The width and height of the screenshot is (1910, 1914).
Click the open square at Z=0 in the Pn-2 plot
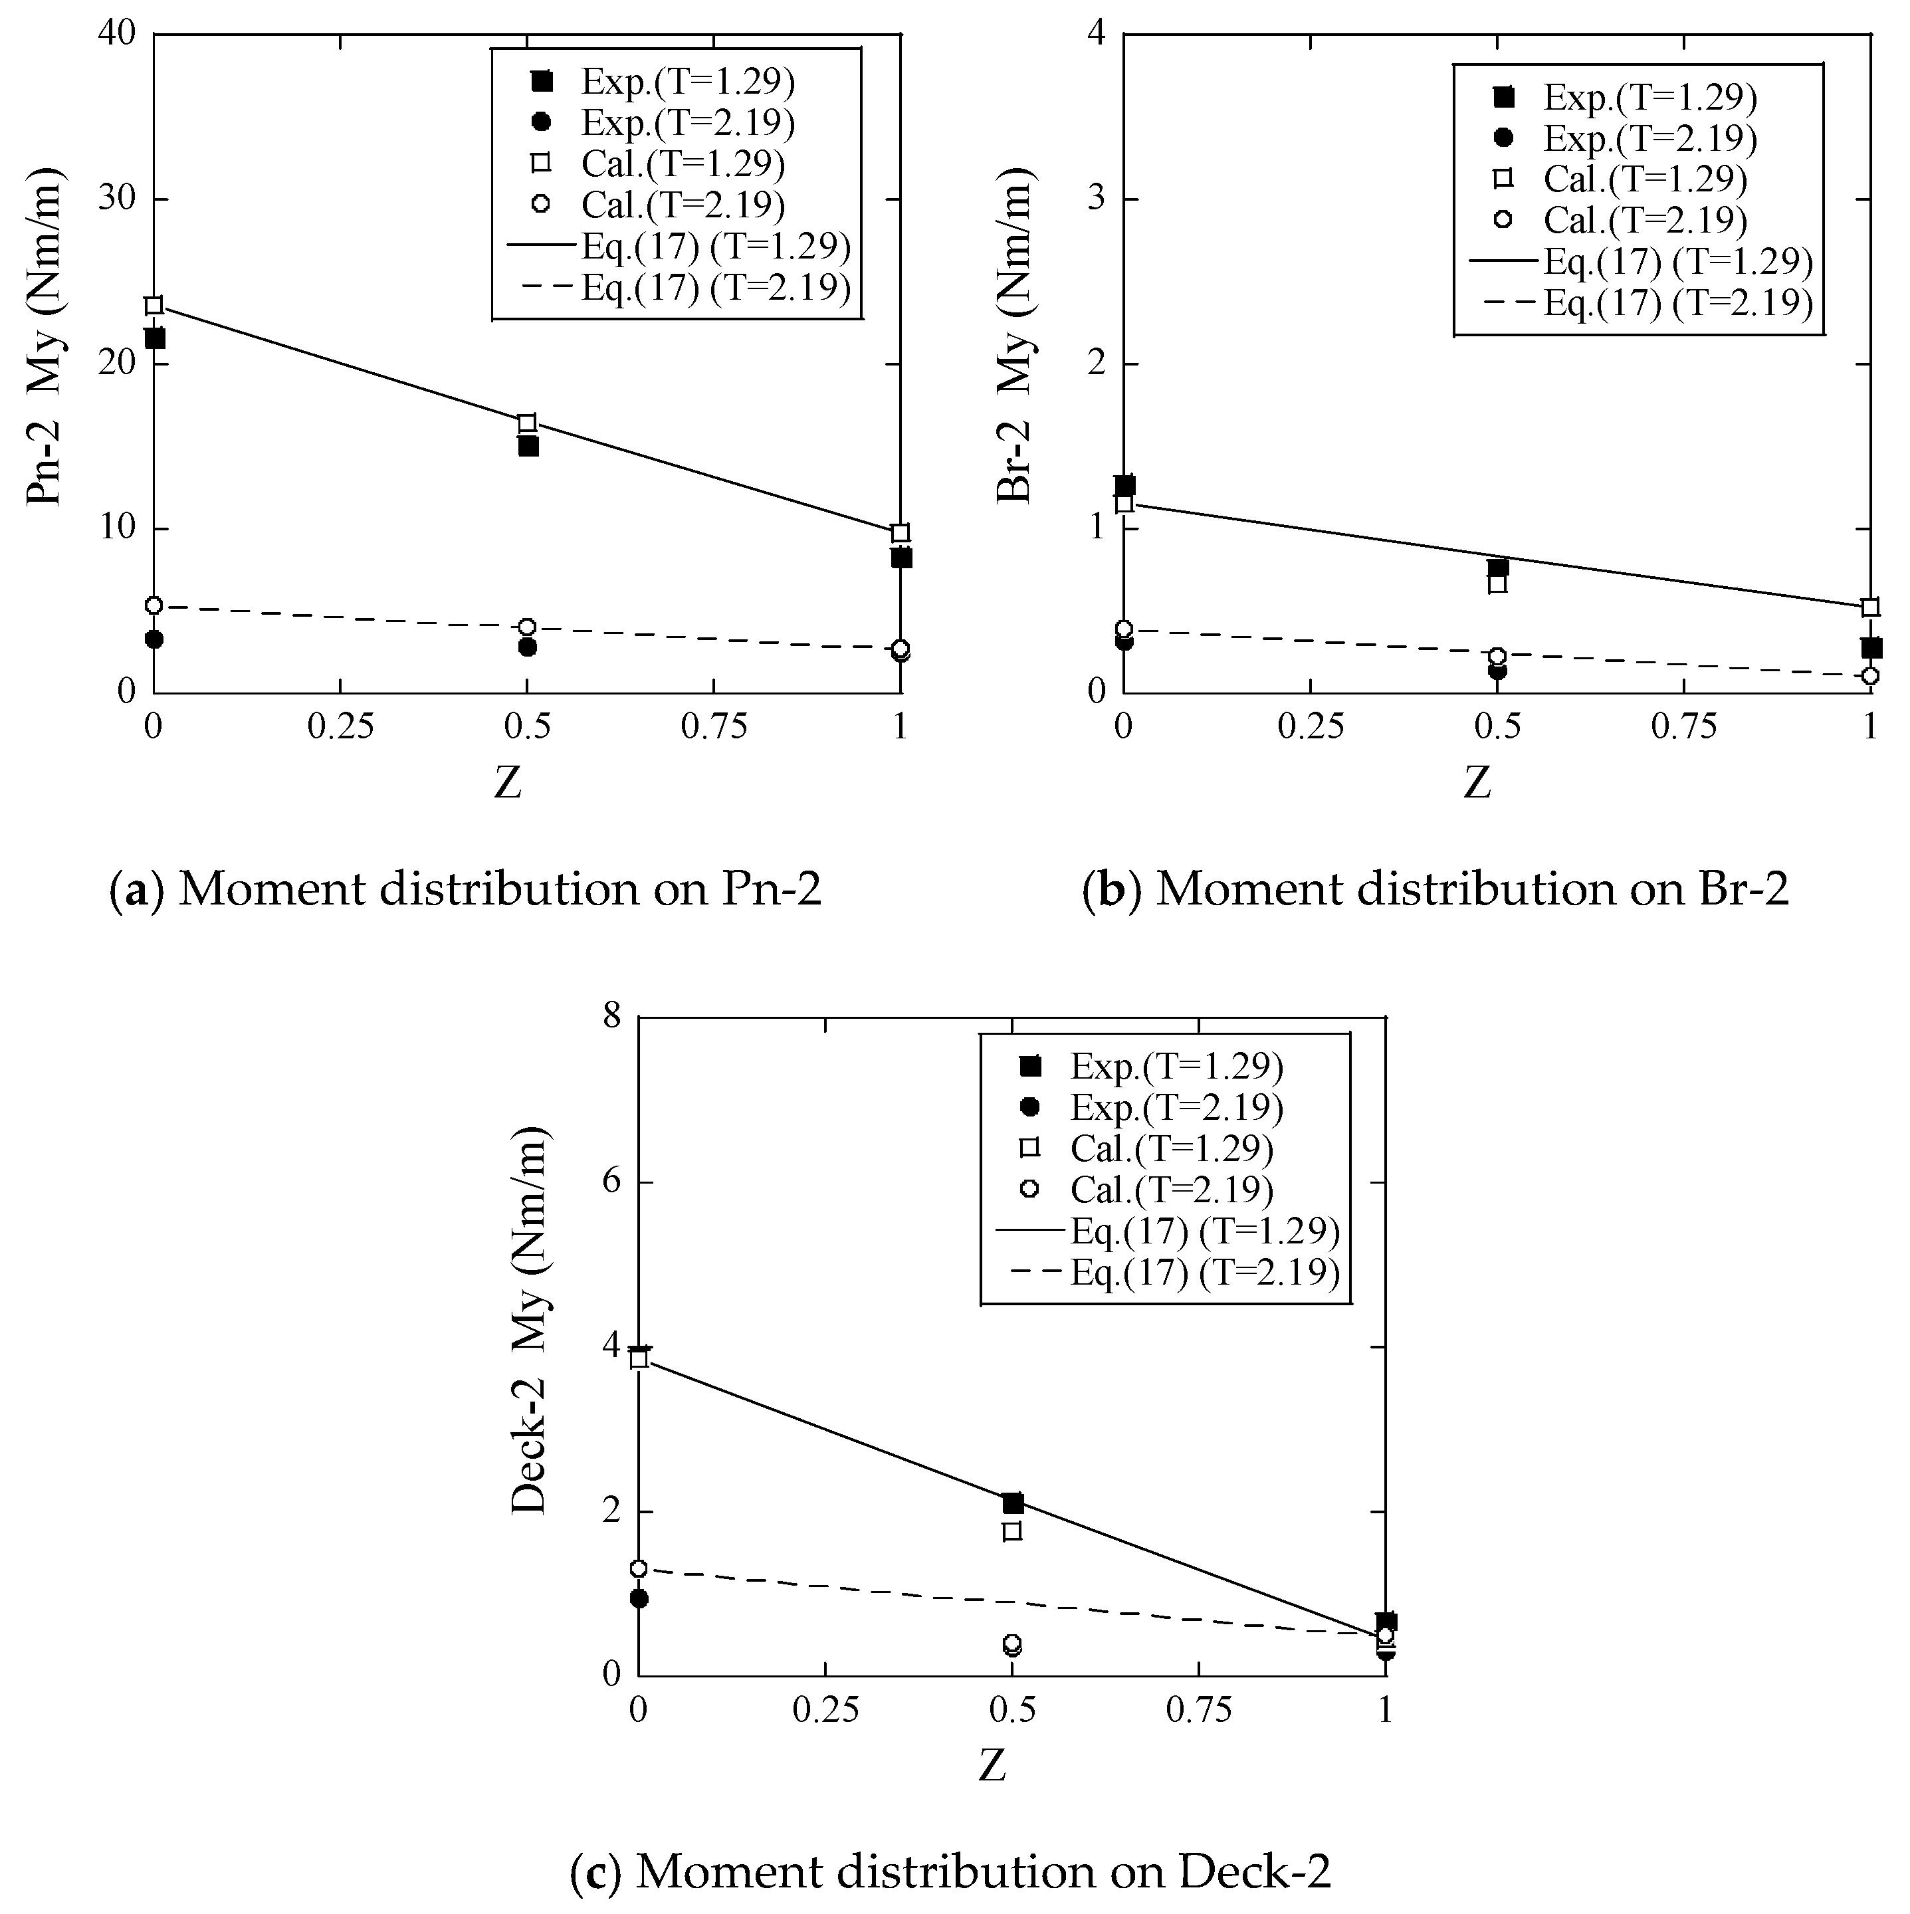pyautogui.click(x=154, y=305)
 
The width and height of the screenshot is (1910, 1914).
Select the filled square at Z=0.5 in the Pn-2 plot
pyautogui.click(x=528, y=446)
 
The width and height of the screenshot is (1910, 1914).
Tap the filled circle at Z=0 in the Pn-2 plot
pyautogui.click(x=154, y=639)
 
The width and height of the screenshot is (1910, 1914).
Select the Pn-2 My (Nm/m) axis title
pyautogui.click(x=47, y=337)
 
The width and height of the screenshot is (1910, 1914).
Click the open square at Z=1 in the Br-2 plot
pyautogui.click(x=1870, y=607)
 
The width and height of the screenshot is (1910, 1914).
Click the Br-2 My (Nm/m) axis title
pyautogui.click(x=1015, y=337)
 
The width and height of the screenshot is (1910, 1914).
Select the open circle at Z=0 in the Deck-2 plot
pyautogui.click(x=639, y=1568)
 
